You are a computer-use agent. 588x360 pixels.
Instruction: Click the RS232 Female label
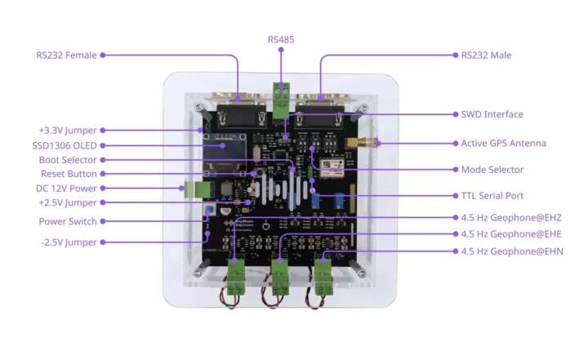coord(66,56)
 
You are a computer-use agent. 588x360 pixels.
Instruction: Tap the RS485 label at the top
coord(282,38)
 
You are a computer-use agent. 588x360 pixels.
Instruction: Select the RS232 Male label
coord(486,56)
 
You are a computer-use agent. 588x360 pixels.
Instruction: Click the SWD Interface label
coord(492,114)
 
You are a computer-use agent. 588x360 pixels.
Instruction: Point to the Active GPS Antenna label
coord(503,143)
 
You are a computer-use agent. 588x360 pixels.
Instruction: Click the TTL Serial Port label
coord(492,196)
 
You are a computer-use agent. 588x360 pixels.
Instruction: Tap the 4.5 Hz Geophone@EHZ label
coord(510,218)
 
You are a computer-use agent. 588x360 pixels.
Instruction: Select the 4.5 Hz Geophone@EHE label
coord(510,234)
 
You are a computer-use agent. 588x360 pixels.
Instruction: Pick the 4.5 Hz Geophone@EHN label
coord(511,251)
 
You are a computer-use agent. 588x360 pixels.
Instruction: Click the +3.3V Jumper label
coord(67,130)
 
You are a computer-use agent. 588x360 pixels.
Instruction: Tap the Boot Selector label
coord(68,160)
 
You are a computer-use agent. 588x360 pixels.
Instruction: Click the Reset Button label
coord(69,174)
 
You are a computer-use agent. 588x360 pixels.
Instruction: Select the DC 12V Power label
coord(67,188)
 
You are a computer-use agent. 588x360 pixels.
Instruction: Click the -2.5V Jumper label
coord(68,242)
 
